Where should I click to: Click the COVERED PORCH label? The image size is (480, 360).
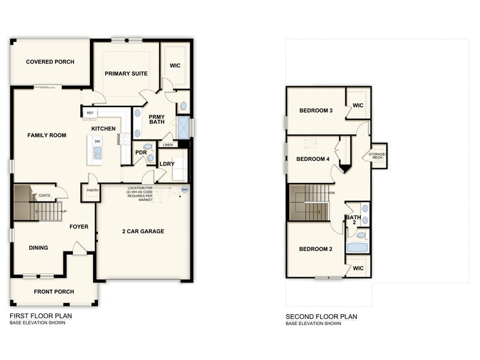click(x=50, y=62)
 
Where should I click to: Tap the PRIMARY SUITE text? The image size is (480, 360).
click(x=126, y=73)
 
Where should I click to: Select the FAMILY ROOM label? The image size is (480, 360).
click(x=47, y=135)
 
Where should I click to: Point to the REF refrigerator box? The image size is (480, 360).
click(x=90, y=113)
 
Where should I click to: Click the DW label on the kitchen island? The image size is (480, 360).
click(x=97, y=141)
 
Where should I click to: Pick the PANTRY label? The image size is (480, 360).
click(x=92, y=190)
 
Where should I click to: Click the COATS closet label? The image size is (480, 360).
click(x=45, y=196)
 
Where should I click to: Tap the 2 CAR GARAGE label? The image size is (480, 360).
click(x=143, y=231)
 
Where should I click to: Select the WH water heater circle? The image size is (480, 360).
click(x=184, y=190)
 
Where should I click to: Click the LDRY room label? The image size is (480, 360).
click(x=167, y=164)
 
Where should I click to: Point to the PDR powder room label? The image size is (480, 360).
click(x=140, y=152)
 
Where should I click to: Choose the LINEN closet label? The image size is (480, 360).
click(x=168, y=144)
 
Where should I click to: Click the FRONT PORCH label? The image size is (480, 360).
click(x=53, y=291)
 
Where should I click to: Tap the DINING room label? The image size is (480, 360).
click(x=39, y=248)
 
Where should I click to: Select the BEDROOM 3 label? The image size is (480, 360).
click(x=316, y=111)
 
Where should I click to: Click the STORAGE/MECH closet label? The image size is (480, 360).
click(x=376, y=156)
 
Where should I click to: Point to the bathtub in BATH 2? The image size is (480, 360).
click(x=357, y=248)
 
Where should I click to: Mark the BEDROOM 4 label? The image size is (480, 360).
click(x=313, y=159)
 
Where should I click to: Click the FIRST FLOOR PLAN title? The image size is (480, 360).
click(x=40, y=317)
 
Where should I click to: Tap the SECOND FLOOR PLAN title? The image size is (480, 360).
click(x=321, y=317)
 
